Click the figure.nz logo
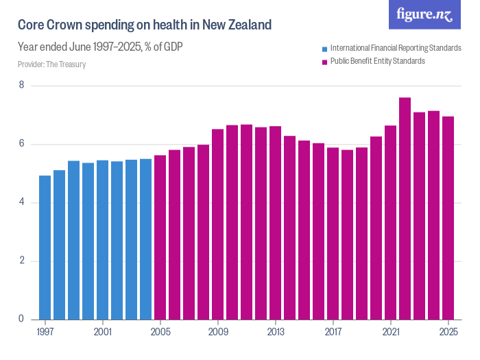tap(424, 15)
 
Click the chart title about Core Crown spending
tap(145, 25)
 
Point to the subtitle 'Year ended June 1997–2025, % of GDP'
tap(99, 47)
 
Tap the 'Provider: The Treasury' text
tap(52, 64)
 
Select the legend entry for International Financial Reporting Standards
tap(391, 48)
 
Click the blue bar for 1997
tap(45, 248)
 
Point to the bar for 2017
tap(333, 233)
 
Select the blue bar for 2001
tap(102, 240)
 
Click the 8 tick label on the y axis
tap(21, 86)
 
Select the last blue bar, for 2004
tap(145, 239)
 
